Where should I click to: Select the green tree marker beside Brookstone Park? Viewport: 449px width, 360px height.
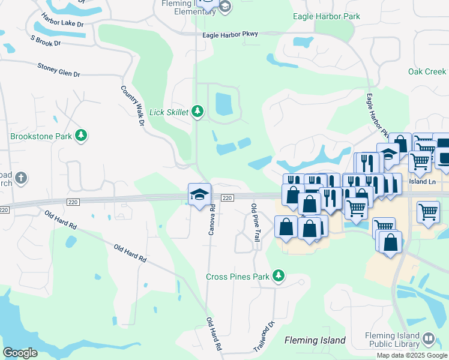pyautogui.click(x=80, y=136)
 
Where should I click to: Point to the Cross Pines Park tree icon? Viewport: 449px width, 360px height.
pyautogui.click(x=278, y=276)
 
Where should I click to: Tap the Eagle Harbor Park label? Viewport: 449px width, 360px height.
pyautogui.click(x=327, y=16)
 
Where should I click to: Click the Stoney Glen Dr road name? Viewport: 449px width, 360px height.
pyautogui.click(x=58, y=70)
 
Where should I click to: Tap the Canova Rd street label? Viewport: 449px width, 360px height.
pyautogui.click(x=211, y=220)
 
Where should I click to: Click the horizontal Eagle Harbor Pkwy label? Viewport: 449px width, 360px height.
pyautogui.click(x=230, y=35)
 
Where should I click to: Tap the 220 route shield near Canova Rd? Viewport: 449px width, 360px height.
pyautogui.click(x=226, y=198)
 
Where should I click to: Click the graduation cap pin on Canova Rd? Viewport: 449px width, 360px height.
pyautogui.click(x=199, y=194)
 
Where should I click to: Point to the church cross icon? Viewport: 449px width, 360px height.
pyautogui.click(x=20, y=178)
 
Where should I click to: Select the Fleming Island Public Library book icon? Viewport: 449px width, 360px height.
pyautogui.click(x=429, y=338)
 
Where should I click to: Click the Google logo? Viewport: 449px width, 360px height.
pyautogui.click(x=20, y=353)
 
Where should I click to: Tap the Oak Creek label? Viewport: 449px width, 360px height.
pyautogui.click(x=427, y=71)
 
